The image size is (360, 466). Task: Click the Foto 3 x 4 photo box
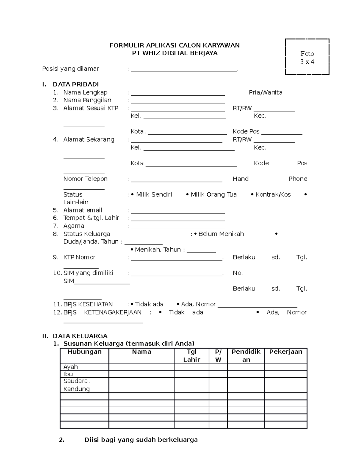pyautogui.click(x=307, y=57)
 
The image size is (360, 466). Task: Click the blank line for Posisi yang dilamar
pyautogui.click(x=184, y=70)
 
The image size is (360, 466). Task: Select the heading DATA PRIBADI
pyautogui.click(x=76, y=84)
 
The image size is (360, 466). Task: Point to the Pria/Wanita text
pyautogui.click(x=265, y=92)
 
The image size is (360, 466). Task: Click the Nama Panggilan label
pyautogui.click(x=87, y=100)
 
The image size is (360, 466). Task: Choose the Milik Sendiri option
pyautogui.click(x=154, y=194)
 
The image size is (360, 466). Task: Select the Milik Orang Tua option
pyautogui.click(x=213, y=194)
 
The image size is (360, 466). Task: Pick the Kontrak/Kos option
pyautogui.click(x=273, y=194)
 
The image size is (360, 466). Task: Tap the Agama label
pyautogui.click(x=73, y=226)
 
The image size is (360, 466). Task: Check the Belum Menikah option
pyautogui.click(x=221, y=234)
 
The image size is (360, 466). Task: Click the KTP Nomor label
pyautogui.click(x=79, y=257)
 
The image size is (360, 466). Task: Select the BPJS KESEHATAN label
pyautogui.click(x=88, y=304)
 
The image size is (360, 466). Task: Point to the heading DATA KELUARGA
pyautogui.click(x=80, y=336)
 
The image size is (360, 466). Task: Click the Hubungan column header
pyautogui.click(x=84, y=352)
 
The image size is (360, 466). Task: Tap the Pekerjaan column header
pyautogui.click(x=286, y=352)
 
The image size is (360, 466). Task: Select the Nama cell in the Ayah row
pyautogui.click(x=141, y=367)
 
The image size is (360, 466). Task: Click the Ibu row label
pyautogui.click(x=68, y=374)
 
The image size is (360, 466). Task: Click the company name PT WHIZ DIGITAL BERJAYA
pyautogui.click(x=175, y=53)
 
